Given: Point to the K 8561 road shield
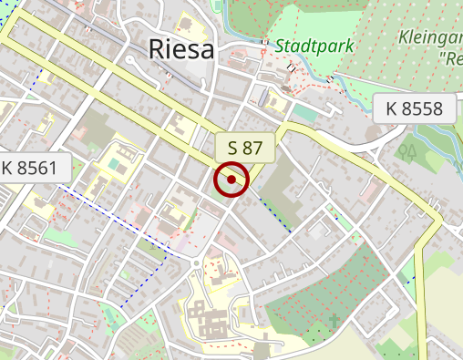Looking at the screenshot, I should (x=29, y=168).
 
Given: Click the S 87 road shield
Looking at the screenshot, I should (x=245, y=146).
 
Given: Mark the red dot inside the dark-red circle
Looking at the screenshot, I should (x=231, y=180).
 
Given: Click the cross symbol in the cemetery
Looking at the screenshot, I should (x=334, y=320).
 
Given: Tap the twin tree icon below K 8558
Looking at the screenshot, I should (x=407, y=149).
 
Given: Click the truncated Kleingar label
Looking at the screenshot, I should (x=430, y=37).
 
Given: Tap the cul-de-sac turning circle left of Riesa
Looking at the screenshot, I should (x=130, y=57).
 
